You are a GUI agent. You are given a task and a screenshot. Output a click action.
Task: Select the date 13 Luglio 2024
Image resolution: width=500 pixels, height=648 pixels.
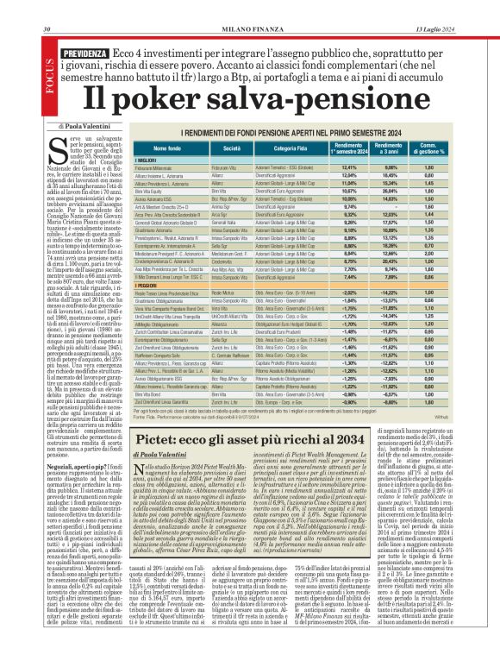click(x=455, y=7)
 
